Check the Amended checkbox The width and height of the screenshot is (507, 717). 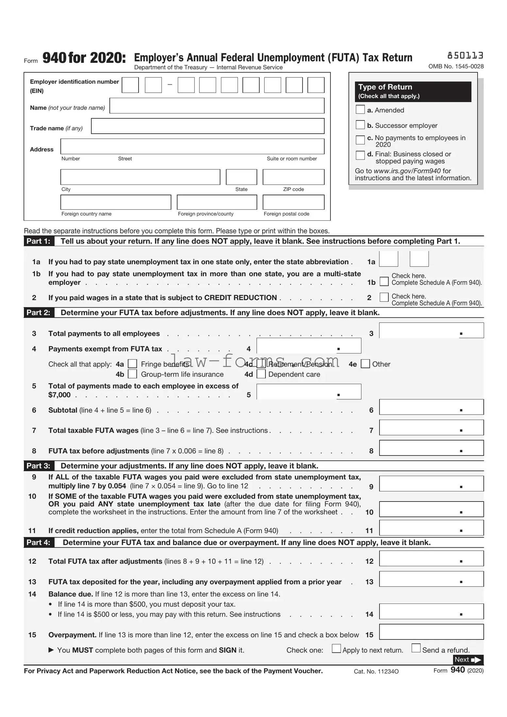coord(360,110)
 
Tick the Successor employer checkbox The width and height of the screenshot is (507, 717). coord(360,125)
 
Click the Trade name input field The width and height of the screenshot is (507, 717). coord(208,126)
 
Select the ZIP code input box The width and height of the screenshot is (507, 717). coord(293,177)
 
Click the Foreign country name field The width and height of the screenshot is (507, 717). coord(116,202)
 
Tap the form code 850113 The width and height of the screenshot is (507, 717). coord(465,56)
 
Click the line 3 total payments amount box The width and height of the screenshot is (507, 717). coord(431,331)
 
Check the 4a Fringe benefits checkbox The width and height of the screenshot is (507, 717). coord(132,364)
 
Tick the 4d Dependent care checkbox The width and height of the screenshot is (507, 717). coord(261,374)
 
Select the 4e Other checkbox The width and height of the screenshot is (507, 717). coord(365,364)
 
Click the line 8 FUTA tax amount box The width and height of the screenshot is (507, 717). coord(431,448)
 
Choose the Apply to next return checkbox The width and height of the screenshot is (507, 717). coord(336,648)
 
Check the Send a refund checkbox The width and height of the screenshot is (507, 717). coord(416,648)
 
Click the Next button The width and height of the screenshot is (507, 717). coord(468,660)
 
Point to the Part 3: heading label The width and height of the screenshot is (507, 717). coord(38,466)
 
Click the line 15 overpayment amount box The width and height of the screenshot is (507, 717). coord(431,632)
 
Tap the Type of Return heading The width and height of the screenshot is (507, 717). coord(385,87)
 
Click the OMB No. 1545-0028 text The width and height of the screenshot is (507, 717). coord(456,66)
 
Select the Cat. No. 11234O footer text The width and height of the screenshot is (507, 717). coord(376,672)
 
